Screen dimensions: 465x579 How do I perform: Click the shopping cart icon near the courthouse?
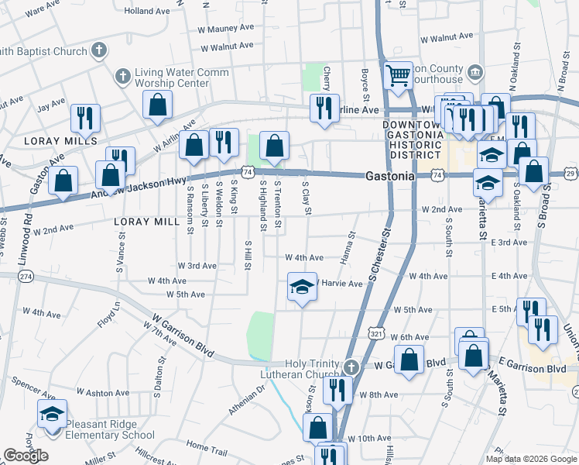tap(398, 76)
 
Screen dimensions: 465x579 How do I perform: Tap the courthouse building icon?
tap(475, 74)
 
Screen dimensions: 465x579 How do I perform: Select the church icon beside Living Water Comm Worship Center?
tap(122, 77)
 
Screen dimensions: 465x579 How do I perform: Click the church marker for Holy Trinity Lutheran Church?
tap(351, 366)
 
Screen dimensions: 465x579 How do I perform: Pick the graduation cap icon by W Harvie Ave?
tap(302, 288)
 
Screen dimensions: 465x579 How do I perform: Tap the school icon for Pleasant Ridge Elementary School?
tap(52, 414)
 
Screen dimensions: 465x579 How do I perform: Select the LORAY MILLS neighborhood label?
tap(60, 141)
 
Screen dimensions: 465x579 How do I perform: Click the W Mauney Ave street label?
tap(227, 27)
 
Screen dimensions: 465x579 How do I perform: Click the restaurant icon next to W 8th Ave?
tap(337, 390)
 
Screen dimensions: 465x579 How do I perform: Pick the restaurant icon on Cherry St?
tap(324, 108)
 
